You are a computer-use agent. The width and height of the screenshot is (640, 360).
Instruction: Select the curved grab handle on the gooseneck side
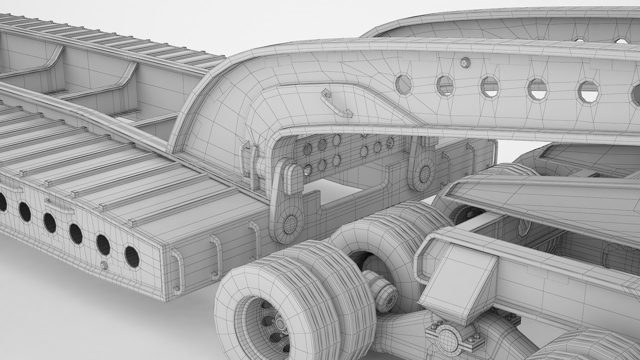pyautogui.click(x=337, y=105)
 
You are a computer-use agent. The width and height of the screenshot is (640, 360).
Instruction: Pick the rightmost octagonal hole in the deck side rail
pyautogui.click(x=132, y=256)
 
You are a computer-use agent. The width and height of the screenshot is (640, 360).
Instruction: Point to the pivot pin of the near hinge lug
pyautogui.click(x=290, y=223)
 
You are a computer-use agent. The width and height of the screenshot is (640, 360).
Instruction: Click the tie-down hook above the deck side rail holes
pyautogui.click(x=59, y=206)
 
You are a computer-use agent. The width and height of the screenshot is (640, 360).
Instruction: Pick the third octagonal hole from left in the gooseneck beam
pyautogui.click(x=490, y=86)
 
